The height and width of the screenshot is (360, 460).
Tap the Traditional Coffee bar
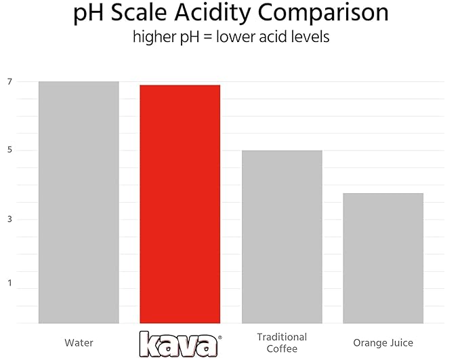[282, 237]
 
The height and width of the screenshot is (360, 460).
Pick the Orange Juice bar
[383, 258]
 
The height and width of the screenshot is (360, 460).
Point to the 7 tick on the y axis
[9, 81]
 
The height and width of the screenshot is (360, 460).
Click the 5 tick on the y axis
[9, 151]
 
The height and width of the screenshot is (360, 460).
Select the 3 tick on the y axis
[9, 220]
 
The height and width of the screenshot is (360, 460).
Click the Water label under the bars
[79, 342]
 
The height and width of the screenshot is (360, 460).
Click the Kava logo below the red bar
[180, 343]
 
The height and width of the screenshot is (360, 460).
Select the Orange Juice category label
[383, 342]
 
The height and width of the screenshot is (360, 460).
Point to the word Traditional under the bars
[282, 337]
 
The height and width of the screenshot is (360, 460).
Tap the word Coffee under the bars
[282, 348]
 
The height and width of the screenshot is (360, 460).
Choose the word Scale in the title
[140, 14]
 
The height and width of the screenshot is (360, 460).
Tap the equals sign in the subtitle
[209, 37]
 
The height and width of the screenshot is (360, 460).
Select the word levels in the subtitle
[310, 37]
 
